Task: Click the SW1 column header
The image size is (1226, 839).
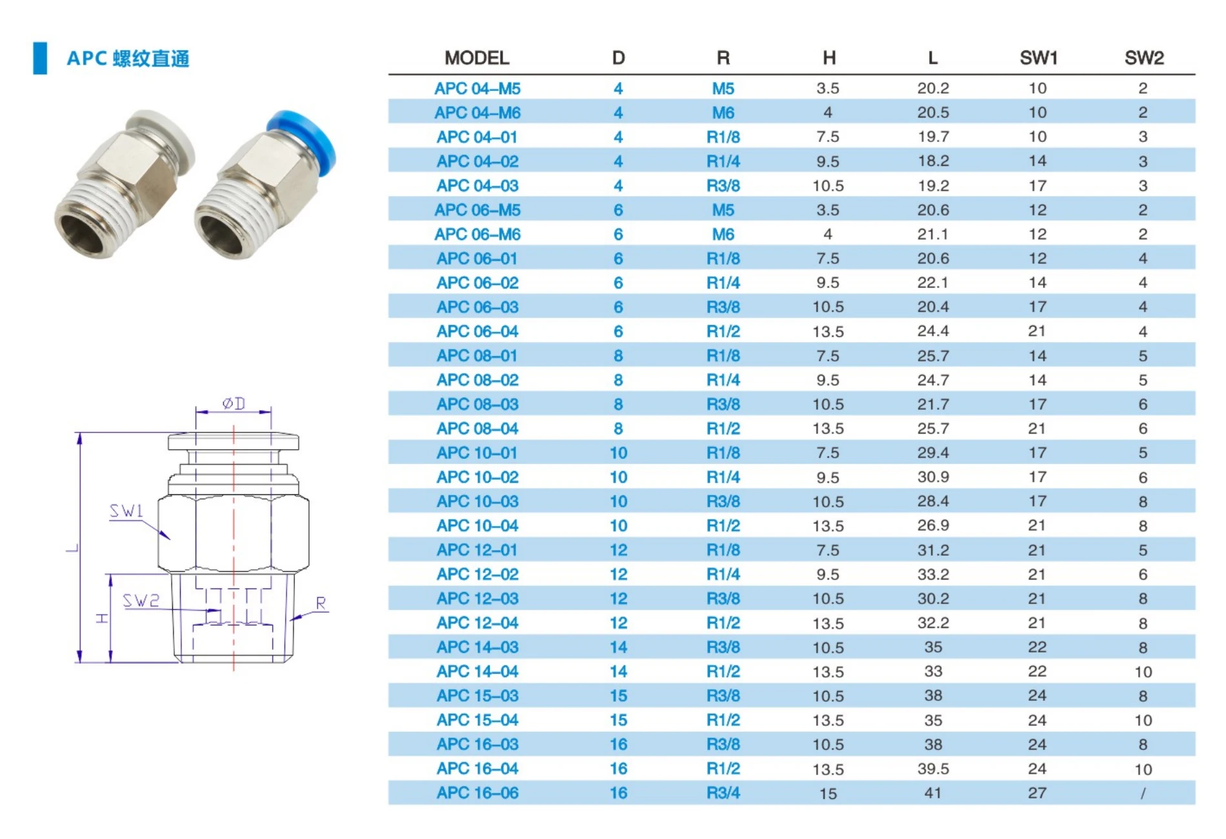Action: tap(1038, 58)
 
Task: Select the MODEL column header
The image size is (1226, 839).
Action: tap(477, 58)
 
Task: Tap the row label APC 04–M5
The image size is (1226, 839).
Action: tap(477, 88)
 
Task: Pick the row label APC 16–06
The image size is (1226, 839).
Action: tap(477, 793)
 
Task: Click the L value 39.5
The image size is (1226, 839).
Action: tap(933, 769)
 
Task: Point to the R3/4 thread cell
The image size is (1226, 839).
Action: tap(723, 793)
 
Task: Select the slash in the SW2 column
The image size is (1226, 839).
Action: tap(1143, 793)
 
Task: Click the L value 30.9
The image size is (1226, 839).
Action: tap(933, 477)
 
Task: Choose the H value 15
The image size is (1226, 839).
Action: tap(828, 794)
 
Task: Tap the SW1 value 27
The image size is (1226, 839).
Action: tap(1037, 793)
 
